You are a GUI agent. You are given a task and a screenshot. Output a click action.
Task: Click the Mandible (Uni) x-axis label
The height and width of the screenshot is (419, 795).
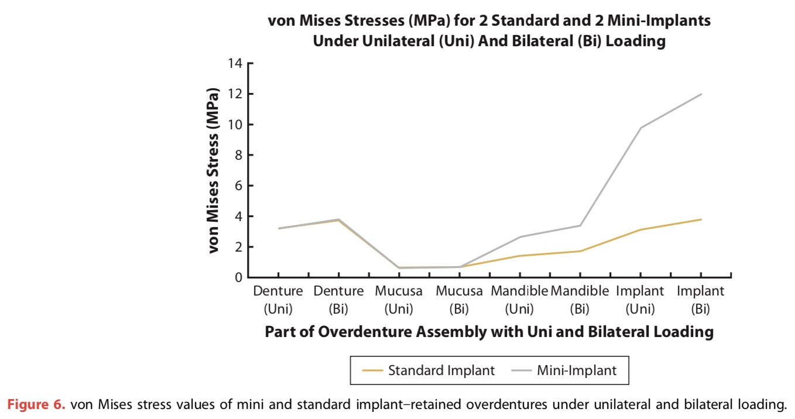[x=519, y=299]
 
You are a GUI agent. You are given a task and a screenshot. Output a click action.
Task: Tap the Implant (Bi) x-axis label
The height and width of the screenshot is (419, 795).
[x=700, y=299]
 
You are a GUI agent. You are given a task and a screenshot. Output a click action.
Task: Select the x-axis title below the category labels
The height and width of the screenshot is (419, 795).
[x=489, y=332]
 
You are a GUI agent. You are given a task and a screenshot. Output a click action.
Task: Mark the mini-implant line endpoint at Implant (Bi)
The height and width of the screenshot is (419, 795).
[x=701, y=94]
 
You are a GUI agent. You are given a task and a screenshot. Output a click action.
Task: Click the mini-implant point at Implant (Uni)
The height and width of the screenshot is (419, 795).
[x=640, y=128]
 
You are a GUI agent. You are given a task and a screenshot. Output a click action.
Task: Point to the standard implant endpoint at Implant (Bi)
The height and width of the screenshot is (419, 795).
[x=701, y=219]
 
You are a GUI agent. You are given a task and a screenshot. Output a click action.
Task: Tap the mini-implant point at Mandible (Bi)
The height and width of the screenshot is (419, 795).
[x=580, y=225]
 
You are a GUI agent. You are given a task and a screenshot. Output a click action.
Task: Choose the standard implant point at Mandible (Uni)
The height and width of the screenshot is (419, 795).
[x=519, y=256]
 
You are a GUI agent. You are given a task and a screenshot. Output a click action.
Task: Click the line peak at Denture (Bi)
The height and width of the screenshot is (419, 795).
[x=338, y=219]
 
